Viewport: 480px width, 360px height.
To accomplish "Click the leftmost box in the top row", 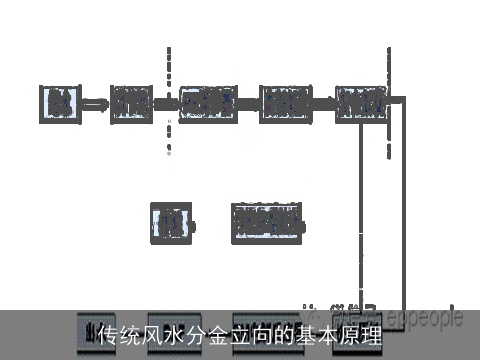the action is [x=58, y=103].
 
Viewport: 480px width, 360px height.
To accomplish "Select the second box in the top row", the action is [x=132, y=103].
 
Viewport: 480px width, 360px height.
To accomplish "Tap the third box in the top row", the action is [x=207, y=103].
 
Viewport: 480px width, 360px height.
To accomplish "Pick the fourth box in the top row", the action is [x=285, y=103].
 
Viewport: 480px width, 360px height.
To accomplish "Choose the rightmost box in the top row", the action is [x=361, y=103].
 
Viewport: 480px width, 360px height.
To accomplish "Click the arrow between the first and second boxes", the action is [x=95, y=103].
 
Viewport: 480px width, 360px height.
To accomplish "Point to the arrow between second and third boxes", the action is [x=168, y=103].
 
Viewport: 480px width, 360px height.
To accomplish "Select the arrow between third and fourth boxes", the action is [x=247, y=103].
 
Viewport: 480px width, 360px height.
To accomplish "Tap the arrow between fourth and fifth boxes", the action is [x=323, y=103].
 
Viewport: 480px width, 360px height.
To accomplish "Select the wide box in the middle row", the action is [x=266, y=223].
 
